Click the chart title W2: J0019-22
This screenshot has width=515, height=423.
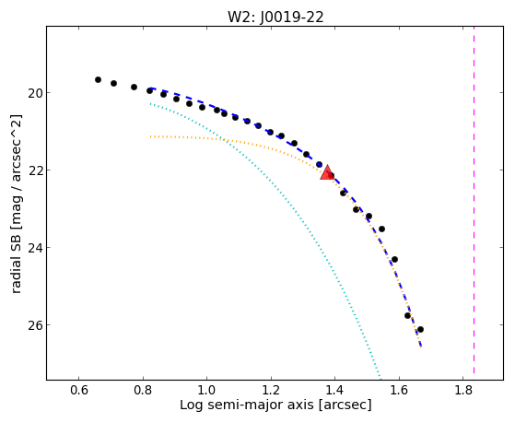tap(275, 18)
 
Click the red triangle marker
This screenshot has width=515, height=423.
tap(327, 173)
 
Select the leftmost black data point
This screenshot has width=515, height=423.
tap(98, 80)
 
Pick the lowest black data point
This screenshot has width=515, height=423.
tap(420, 329)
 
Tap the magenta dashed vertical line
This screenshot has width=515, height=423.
tap(474, 200)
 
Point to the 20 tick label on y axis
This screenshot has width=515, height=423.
tap(35, 93)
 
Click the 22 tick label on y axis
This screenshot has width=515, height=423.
tap(35, 170)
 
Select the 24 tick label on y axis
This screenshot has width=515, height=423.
tap(35, 248)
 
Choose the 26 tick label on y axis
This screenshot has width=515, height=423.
tap(35, 324)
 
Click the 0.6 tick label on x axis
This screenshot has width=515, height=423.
tap(79, 390)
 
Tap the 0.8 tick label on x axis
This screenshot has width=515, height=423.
tap(143, 390)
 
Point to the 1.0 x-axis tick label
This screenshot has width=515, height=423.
tap(207, 390)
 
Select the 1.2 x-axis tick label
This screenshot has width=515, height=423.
tap(271, 390)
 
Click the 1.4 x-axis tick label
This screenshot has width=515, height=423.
tap(334, 390)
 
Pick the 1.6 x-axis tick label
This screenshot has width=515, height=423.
tap(399, 390)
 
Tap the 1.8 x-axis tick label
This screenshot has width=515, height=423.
tap(462, 390)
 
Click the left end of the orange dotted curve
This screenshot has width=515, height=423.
tap(150, 136)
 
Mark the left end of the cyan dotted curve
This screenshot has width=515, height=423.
tap(150, 104)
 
